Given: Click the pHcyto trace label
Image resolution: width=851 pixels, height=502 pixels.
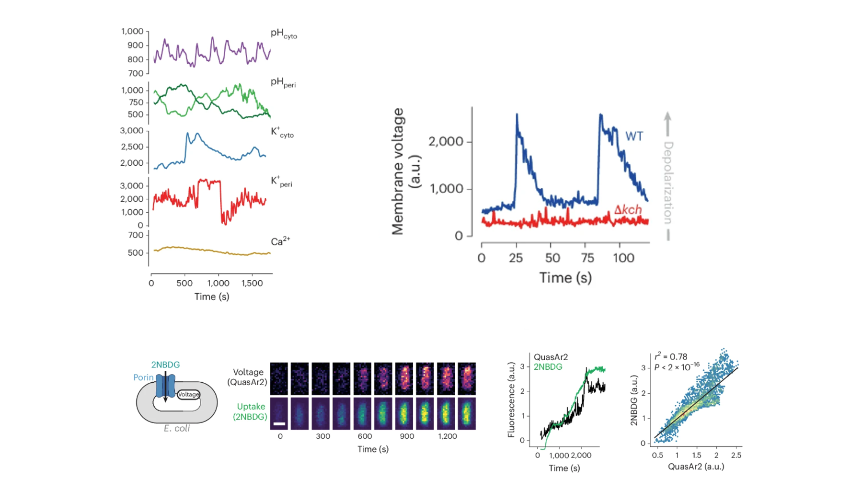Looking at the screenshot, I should (x=283, y=34).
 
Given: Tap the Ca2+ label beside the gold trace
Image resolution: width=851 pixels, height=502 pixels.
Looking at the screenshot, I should (x=280, y=241).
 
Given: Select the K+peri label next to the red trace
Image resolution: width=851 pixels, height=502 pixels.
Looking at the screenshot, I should (x=281, y=182).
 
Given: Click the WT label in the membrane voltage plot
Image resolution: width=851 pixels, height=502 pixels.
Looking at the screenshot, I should (x=634, y=137).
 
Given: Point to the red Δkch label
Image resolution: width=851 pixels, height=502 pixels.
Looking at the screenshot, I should (x=628, y=210).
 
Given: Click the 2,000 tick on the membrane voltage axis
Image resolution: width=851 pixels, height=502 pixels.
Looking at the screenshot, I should (x=446, y=141).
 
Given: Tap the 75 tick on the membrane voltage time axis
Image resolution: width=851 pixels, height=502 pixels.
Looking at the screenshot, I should (x=587, y=258).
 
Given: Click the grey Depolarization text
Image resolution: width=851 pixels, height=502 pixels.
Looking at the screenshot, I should (x=668, y=183).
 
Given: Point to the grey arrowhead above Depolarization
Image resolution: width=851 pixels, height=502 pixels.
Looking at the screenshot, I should (x=667, y=116).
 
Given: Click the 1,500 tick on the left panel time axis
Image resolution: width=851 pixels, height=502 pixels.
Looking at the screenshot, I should (x=252, y=283).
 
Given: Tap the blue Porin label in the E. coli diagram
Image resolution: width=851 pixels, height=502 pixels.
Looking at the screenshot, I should (x=143, y=377).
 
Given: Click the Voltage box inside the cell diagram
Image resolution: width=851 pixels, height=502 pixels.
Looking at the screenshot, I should (x=188, y=394).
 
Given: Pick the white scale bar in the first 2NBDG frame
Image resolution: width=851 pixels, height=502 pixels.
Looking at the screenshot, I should (x=279, y=423).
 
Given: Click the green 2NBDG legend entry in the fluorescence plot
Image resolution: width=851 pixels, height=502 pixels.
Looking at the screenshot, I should (x=548, y=367).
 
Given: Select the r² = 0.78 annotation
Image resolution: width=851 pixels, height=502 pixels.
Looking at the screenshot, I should (x=671, y=356).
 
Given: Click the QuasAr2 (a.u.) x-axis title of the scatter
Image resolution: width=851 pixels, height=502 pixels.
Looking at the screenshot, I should (x=696, y=467).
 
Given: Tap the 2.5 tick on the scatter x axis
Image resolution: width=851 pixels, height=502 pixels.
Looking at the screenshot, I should (x=736, y=455).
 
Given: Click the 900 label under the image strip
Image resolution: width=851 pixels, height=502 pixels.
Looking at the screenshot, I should (x=406, y=436).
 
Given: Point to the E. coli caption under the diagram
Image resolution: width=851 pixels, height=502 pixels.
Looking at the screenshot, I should (x=176, y=428).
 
